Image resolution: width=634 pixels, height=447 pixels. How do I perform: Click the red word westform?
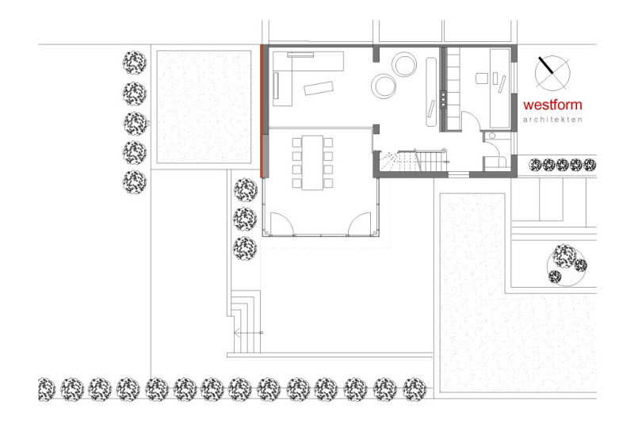point(552,105)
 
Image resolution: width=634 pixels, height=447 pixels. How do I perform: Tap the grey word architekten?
point(552,120)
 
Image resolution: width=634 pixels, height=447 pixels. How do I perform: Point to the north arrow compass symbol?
point(552,73)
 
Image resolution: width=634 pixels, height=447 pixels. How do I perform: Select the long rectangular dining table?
point(312,162)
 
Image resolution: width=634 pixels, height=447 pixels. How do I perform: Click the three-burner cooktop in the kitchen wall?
point(443,99)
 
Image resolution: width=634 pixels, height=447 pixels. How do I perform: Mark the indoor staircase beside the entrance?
point(412,161)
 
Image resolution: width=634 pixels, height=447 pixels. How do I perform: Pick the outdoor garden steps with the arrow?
point(244,322)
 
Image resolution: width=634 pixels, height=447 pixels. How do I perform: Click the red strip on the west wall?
point(262,111)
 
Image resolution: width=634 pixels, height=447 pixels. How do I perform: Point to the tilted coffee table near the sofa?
point(319,88)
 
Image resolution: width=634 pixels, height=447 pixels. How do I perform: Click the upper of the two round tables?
point(404,64)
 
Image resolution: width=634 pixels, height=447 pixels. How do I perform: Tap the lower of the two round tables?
point(384,86)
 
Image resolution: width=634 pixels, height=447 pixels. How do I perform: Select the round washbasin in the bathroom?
point(492,136)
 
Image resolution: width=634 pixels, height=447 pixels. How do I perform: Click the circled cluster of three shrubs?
point(566,264)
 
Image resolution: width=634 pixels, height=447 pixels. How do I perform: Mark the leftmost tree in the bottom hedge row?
point(46,390)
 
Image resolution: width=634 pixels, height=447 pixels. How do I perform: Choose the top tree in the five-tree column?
point(135,63)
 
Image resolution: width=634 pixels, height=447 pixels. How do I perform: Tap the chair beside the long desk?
point(482,78)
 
